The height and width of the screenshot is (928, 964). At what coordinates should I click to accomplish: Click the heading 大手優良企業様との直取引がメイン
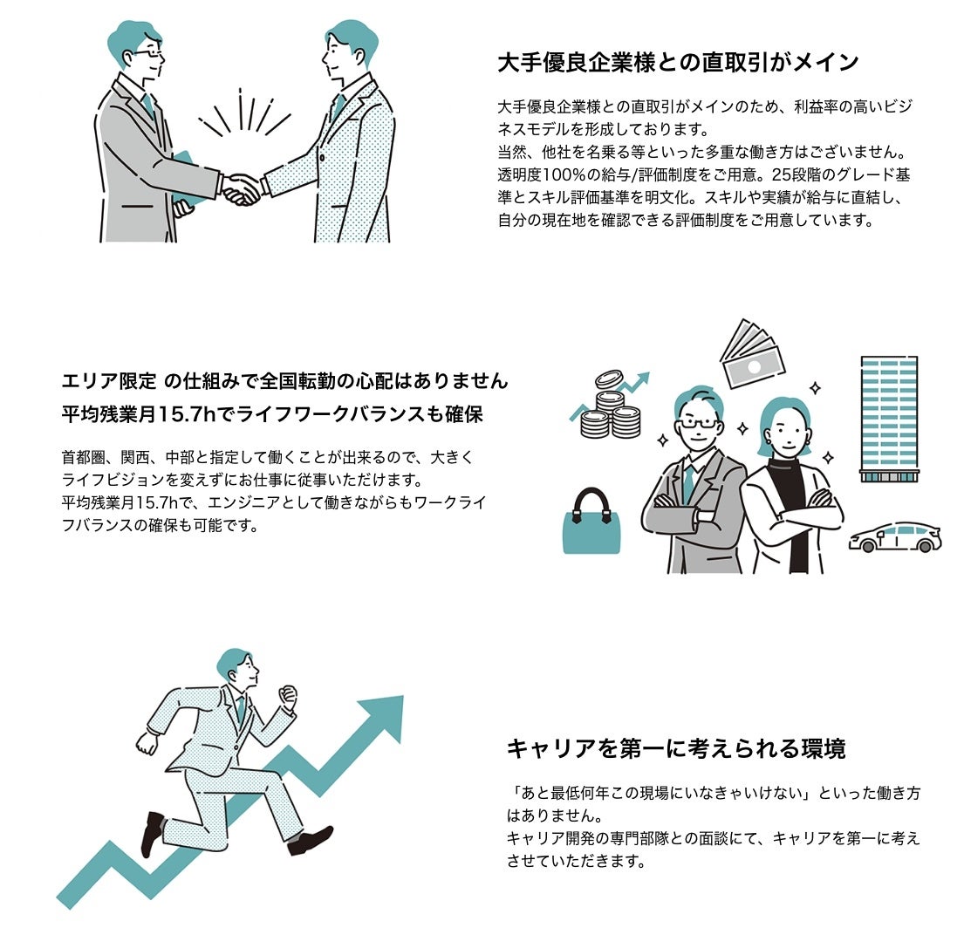[678, 63]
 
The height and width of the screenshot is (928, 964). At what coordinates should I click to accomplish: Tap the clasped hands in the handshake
[241, 188]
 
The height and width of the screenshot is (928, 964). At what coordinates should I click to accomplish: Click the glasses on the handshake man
[149, 54]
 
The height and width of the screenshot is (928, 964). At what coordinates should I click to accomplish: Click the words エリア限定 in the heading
[109, 382]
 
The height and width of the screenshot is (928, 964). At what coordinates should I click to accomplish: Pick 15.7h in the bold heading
[188, 415]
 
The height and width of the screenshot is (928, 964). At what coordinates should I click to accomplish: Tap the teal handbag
[591, 522]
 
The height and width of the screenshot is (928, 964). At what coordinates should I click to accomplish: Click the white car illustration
[894, 537]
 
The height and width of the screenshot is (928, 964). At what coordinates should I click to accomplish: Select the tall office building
[889, 419]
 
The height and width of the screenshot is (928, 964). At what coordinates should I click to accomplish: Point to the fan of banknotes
[752, 354]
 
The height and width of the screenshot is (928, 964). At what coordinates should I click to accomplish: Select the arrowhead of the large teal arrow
[382, 717]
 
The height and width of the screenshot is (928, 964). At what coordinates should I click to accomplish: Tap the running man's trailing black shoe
[152, 833]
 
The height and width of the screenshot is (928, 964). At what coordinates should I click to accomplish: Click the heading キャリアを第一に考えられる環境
[676, 748]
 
